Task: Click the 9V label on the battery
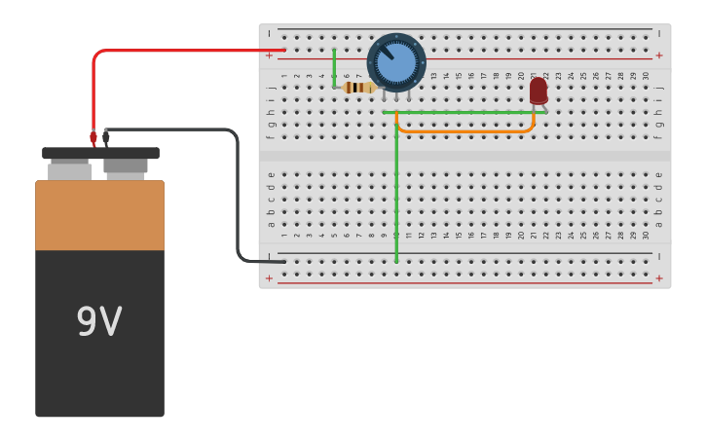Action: click(98, 322)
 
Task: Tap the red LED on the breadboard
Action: click(538, 91)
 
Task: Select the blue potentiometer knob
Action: click(396, 62)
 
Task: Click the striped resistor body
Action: click(359, 88)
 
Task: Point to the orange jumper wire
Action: click(467, 129)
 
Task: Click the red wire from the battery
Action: click(175, 51)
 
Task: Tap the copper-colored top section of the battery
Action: click(99, 215)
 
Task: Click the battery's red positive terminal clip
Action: click(93, 138)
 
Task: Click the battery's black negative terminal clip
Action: click(106, 138)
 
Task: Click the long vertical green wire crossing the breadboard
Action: click(396, 195)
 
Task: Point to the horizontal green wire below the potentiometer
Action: click(458, 112)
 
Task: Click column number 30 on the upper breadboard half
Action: click(645, 75)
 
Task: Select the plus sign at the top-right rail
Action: click(659, 55)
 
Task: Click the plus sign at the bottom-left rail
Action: click(270, 278)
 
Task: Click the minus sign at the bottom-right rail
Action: click(659, 256)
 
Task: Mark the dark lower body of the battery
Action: click(99, 370)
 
